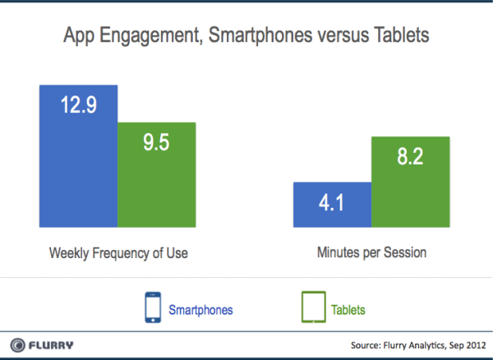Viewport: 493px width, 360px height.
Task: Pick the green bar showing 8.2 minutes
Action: (x=411, y=181)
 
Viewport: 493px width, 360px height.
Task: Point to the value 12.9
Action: (x=77, y=104)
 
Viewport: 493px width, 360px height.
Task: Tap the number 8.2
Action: (x=411, y=157)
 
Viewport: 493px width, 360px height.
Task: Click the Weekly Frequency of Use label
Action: (x=117, y=252)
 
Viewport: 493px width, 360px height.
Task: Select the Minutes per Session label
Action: (x=372, y=252)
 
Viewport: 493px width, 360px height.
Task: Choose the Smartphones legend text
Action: (x=200, y=310)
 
